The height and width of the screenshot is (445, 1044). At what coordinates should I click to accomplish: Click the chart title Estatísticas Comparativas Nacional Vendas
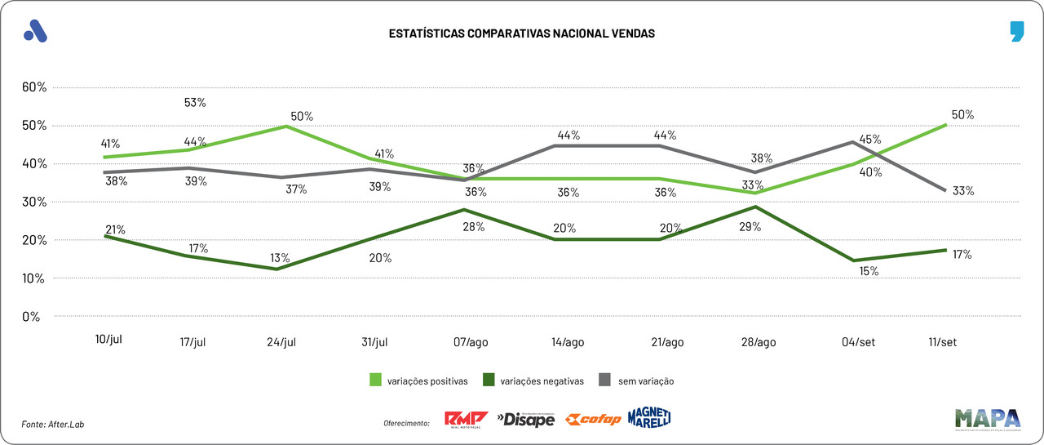[521, 34]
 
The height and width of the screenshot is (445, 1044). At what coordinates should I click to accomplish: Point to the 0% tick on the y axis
[30, 317]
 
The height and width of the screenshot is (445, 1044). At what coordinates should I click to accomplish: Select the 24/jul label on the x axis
[281, 342]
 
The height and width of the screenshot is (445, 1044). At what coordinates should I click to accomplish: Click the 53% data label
[196, 103]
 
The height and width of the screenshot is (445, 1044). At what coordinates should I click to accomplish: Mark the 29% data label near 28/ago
[750, 227]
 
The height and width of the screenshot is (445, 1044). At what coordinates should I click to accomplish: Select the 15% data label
[869, 271]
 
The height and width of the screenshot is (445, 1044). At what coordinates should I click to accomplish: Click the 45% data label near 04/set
[869, 140]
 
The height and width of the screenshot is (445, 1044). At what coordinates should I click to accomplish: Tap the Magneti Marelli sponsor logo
[650, 417]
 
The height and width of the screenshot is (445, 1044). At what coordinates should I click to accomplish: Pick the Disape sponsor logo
[526, 419]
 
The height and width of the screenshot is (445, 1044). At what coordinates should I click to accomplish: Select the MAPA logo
[988, 418]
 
